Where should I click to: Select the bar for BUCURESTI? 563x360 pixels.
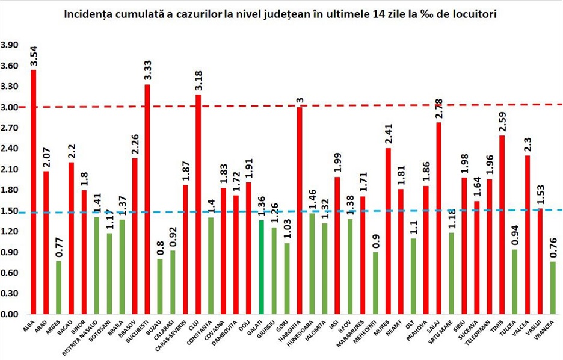(147, 199)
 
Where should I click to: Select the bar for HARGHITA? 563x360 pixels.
(299, 210)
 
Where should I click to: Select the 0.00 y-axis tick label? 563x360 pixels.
(10, 314)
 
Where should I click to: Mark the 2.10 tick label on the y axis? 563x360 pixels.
(10, 170)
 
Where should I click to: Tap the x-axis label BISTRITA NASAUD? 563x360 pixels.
(87, 340)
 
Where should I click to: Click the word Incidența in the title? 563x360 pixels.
(90, 14)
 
